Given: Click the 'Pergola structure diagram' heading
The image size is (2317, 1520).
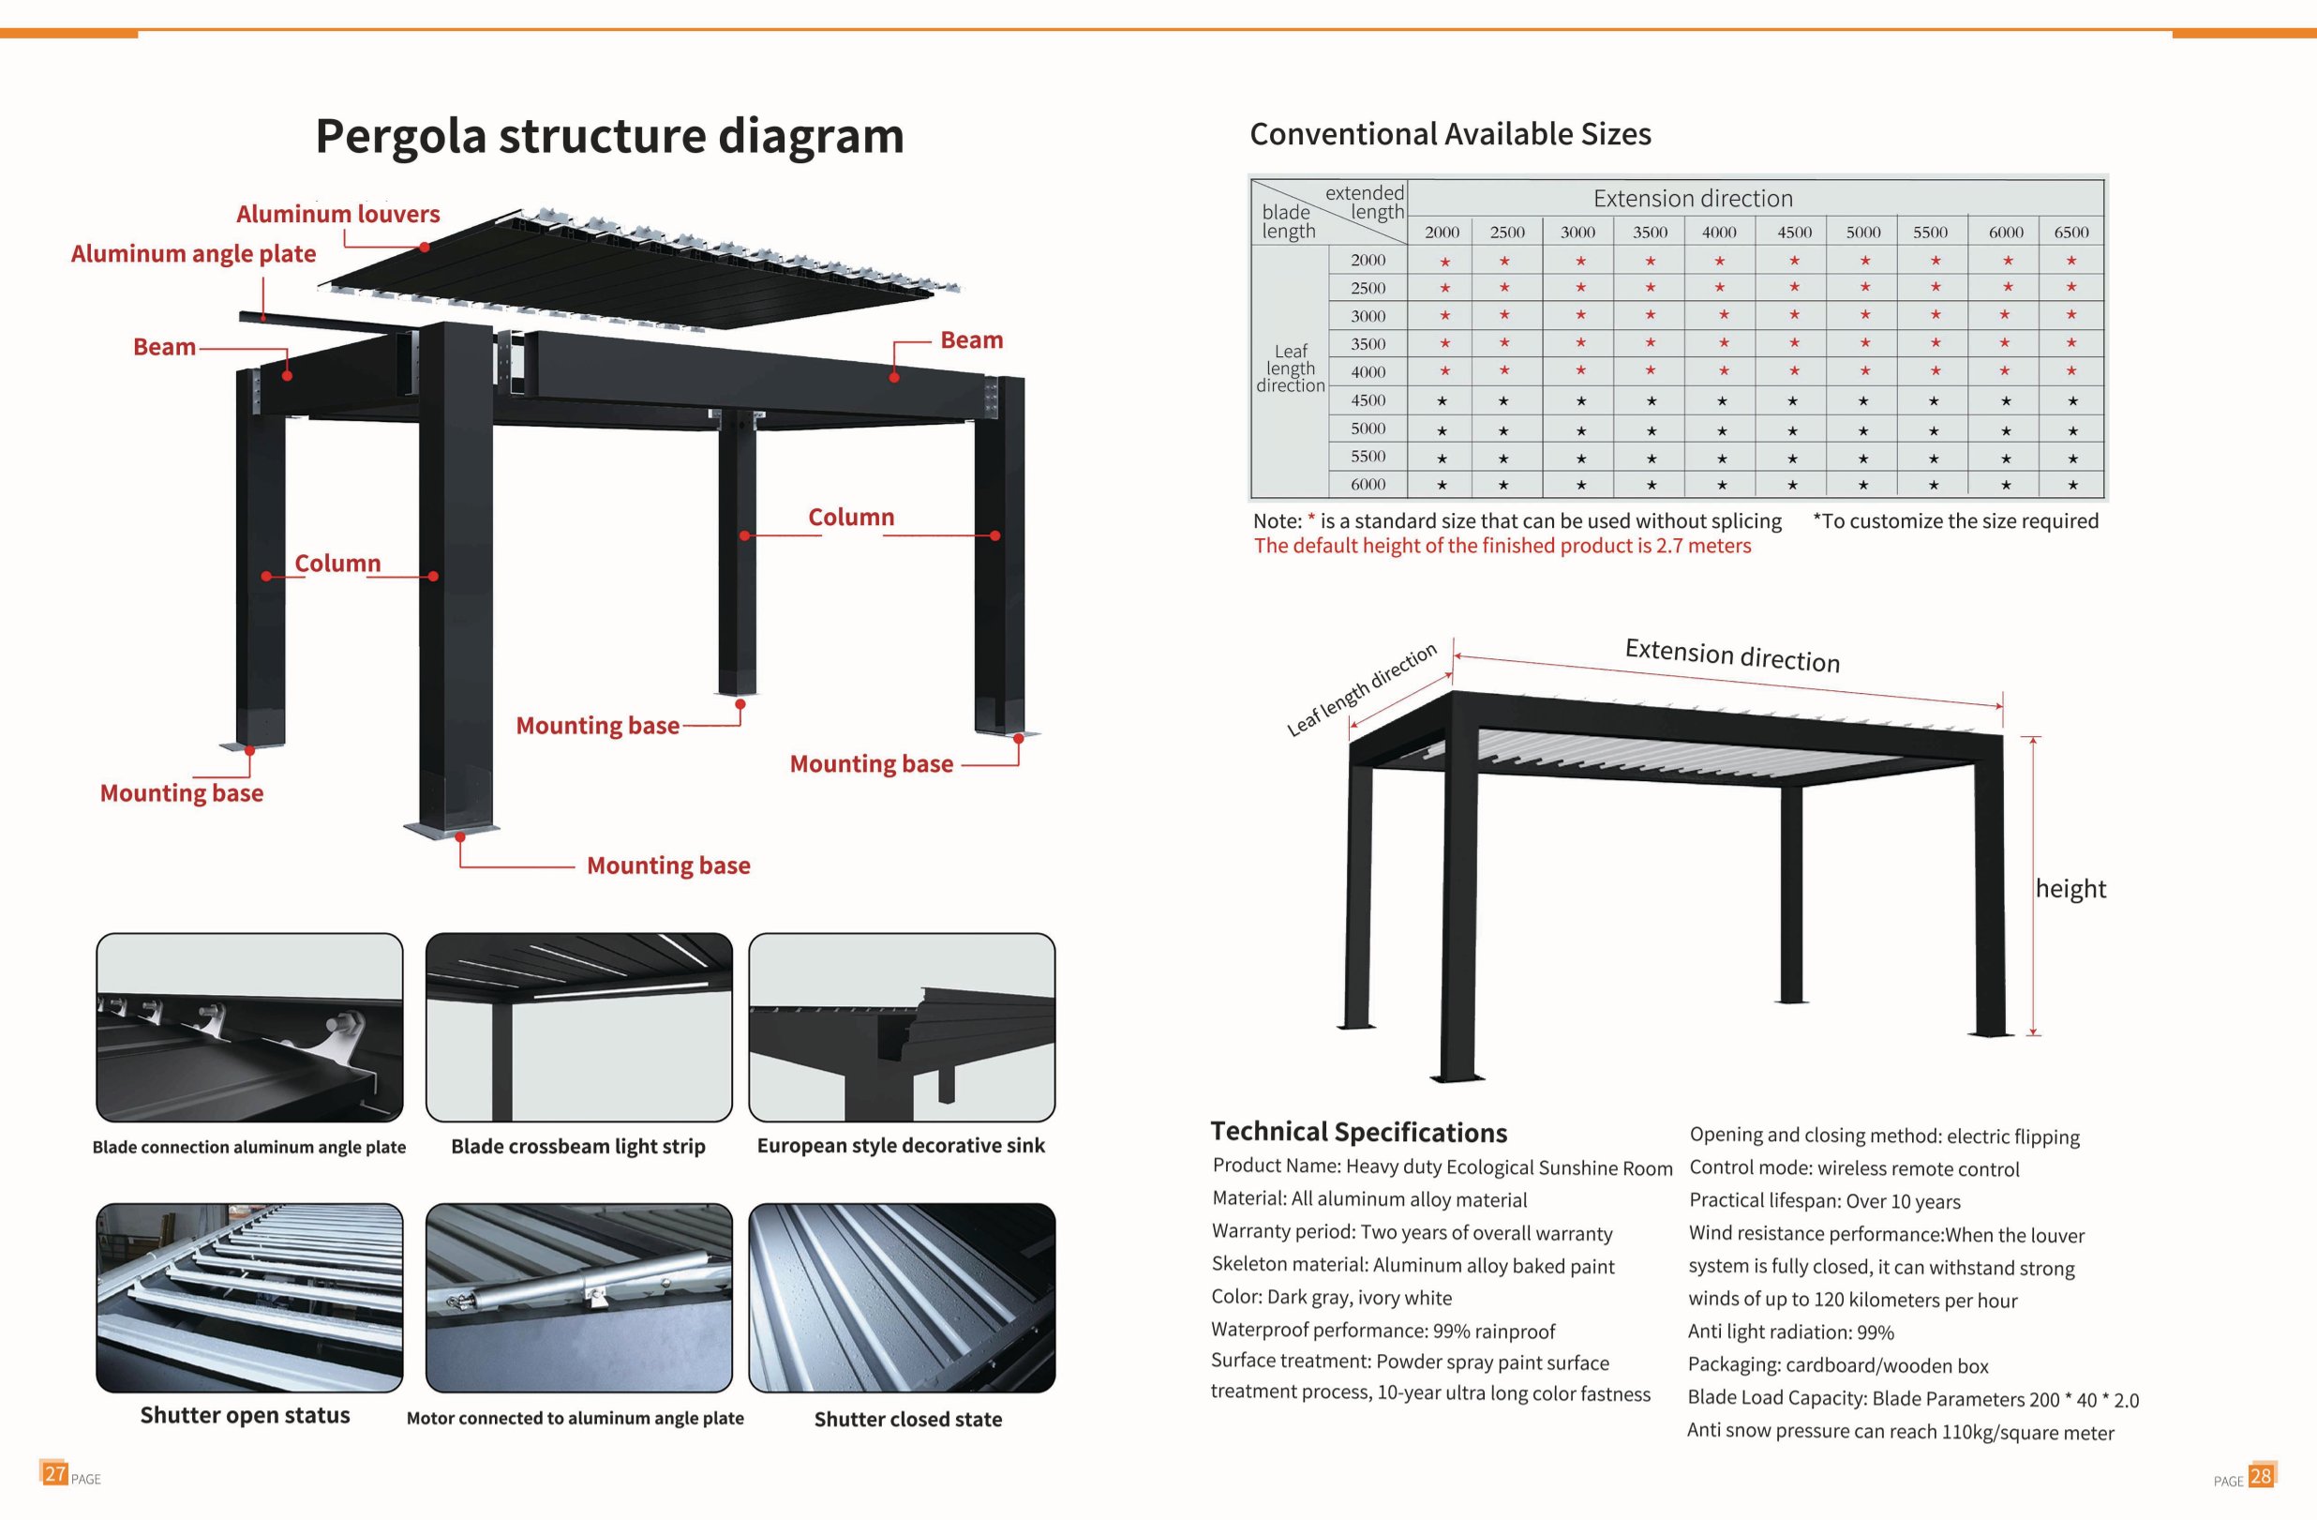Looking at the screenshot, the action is point(609,136).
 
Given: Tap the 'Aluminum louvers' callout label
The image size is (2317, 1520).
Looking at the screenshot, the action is point(337,214).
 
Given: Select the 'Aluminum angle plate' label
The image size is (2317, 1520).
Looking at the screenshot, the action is point(194,254).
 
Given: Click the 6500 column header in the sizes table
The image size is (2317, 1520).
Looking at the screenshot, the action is point(2070,232).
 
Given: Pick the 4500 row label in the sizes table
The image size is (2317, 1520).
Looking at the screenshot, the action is point(1368,400).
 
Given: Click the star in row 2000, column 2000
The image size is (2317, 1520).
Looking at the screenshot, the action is point(1444,262).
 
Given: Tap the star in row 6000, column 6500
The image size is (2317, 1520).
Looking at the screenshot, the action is point(2072,485).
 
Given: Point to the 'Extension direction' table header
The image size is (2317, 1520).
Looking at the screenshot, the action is point(1693,199).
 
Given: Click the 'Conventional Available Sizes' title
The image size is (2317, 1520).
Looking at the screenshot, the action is point(1451,134).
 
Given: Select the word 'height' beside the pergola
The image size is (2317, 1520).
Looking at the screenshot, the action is point(2070,889).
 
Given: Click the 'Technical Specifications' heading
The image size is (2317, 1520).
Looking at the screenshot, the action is point(1359,1132).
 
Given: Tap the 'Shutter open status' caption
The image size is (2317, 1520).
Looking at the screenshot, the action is point(246,1415).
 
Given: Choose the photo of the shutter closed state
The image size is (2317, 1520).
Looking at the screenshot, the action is point(902,1297).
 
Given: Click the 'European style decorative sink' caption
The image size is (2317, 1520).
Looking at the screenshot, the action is point(901,1145).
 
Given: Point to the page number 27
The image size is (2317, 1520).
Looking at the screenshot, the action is point(54,1473).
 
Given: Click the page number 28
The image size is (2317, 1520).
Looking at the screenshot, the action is point(2261,1475).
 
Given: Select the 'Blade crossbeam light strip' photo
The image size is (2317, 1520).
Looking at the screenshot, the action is point(579,1028).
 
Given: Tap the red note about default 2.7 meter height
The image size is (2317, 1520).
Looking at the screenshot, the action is point(1502,547).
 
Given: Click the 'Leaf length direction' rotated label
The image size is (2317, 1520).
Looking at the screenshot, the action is point(1362,689).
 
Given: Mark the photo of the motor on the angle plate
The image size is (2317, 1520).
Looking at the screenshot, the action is point(579,1297).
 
